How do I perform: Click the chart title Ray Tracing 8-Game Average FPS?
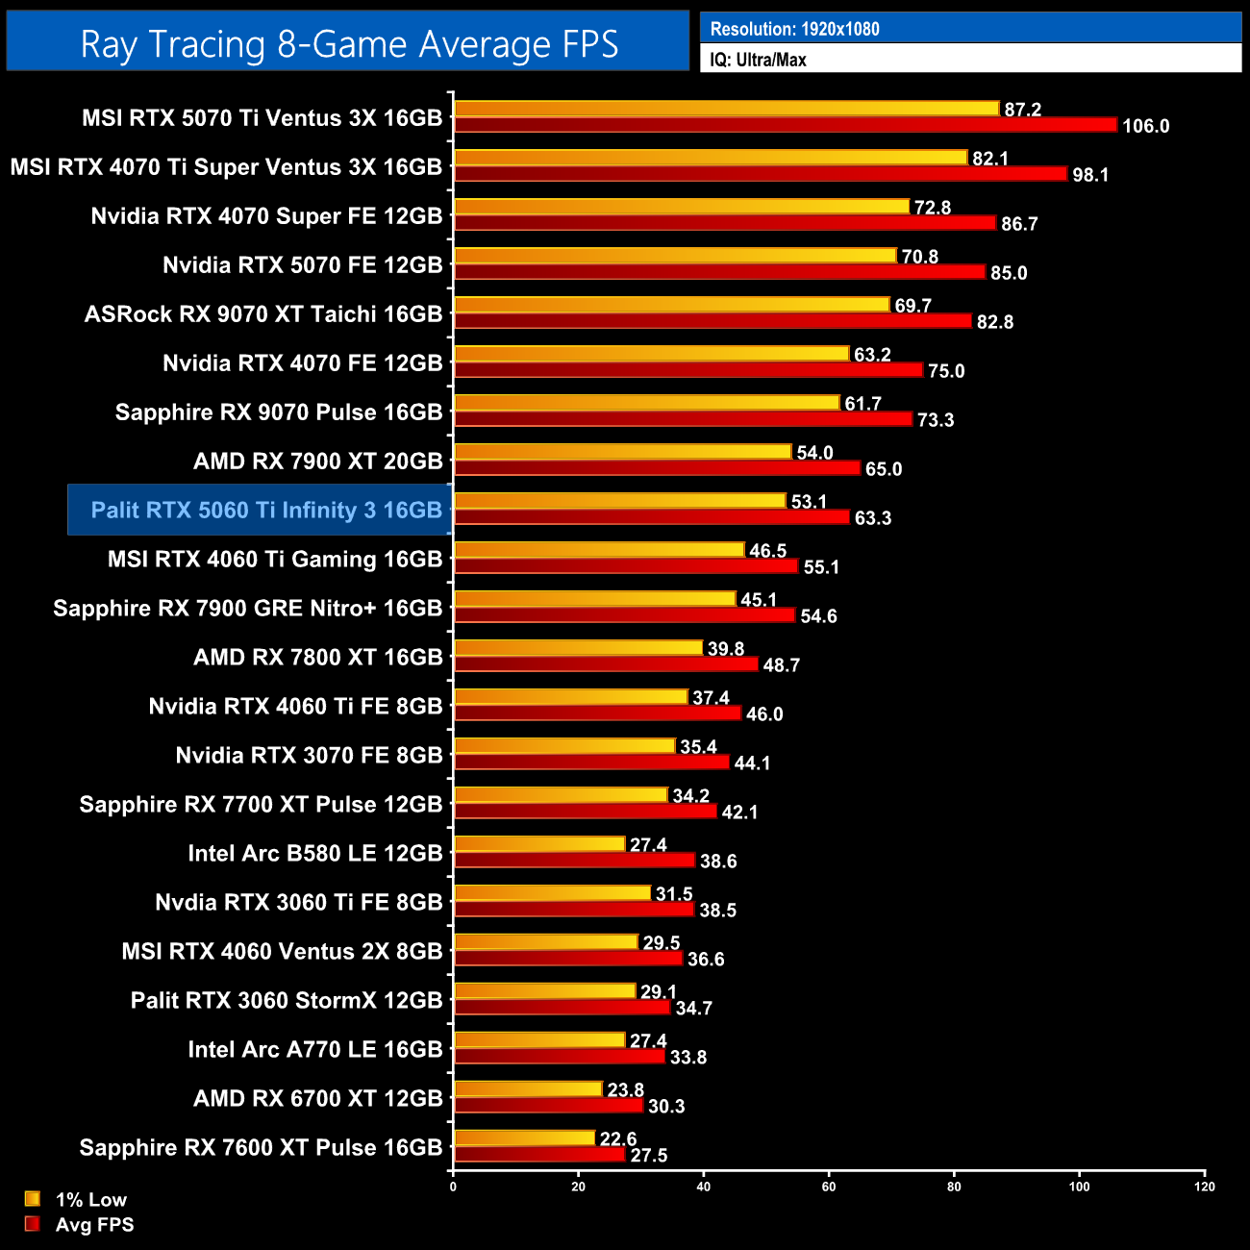[348, 43]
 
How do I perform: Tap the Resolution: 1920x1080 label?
[794, 29]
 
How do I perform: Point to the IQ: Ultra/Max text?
[758, 60]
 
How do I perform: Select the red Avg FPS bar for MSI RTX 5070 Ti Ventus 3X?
[785, 125]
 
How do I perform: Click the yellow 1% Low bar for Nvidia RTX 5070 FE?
[675, 256]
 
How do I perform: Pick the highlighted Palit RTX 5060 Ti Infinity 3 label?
[266, 510]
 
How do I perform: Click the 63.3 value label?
[873, 518]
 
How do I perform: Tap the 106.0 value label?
[1145, 126]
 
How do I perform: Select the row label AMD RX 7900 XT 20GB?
[317, 461]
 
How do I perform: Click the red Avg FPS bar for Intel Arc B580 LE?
[574, 861]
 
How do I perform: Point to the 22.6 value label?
[618, 1138]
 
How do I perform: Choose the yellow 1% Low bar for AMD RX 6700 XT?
[528, 1089]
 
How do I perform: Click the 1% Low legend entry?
[90, 1199]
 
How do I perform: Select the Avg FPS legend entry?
[94, 1224]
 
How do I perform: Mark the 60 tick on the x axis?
[829, 1187]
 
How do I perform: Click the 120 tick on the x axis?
[1205, 1187]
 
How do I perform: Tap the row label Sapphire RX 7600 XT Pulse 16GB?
[261, 1147]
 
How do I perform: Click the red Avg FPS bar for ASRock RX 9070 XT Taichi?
[712, 321]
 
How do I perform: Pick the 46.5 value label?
[768, 551]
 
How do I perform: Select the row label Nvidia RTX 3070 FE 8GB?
[309, 755]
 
